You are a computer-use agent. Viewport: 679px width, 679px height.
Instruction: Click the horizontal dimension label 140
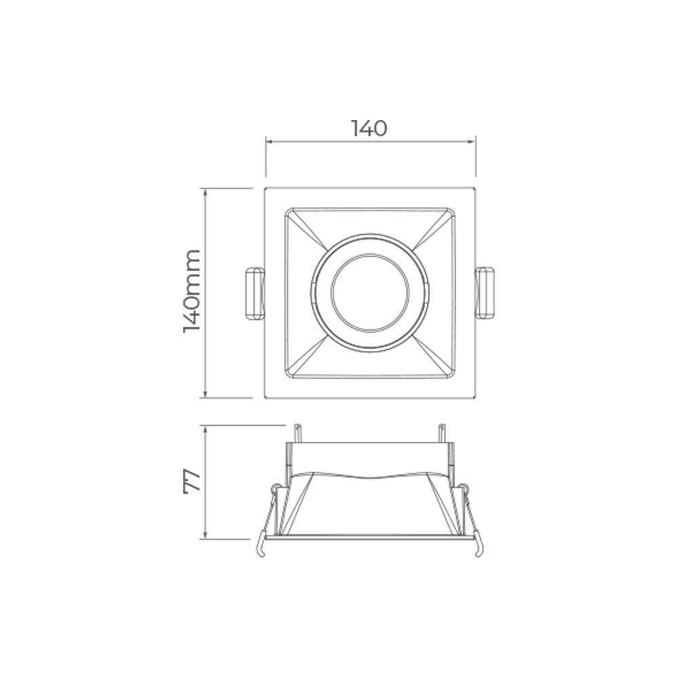pos(369,128)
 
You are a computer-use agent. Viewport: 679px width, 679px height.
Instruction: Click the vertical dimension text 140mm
pos(193,290)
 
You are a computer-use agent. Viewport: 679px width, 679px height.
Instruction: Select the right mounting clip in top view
pos(486,293)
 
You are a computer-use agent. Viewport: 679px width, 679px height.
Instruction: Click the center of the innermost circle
pos(369,293)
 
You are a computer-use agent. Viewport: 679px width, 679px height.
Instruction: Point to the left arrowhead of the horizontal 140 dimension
pos(268,142)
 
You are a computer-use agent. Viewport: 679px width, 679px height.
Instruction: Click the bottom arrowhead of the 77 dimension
pos(206,537)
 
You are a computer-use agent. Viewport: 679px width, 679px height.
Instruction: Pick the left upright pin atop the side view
pos(297,433)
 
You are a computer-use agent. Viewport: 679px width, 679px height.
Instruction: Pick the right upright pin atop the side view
pos(442,433)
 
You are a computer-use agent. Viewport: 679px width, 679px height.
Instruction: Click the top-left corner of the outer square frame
pos(264,186)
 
